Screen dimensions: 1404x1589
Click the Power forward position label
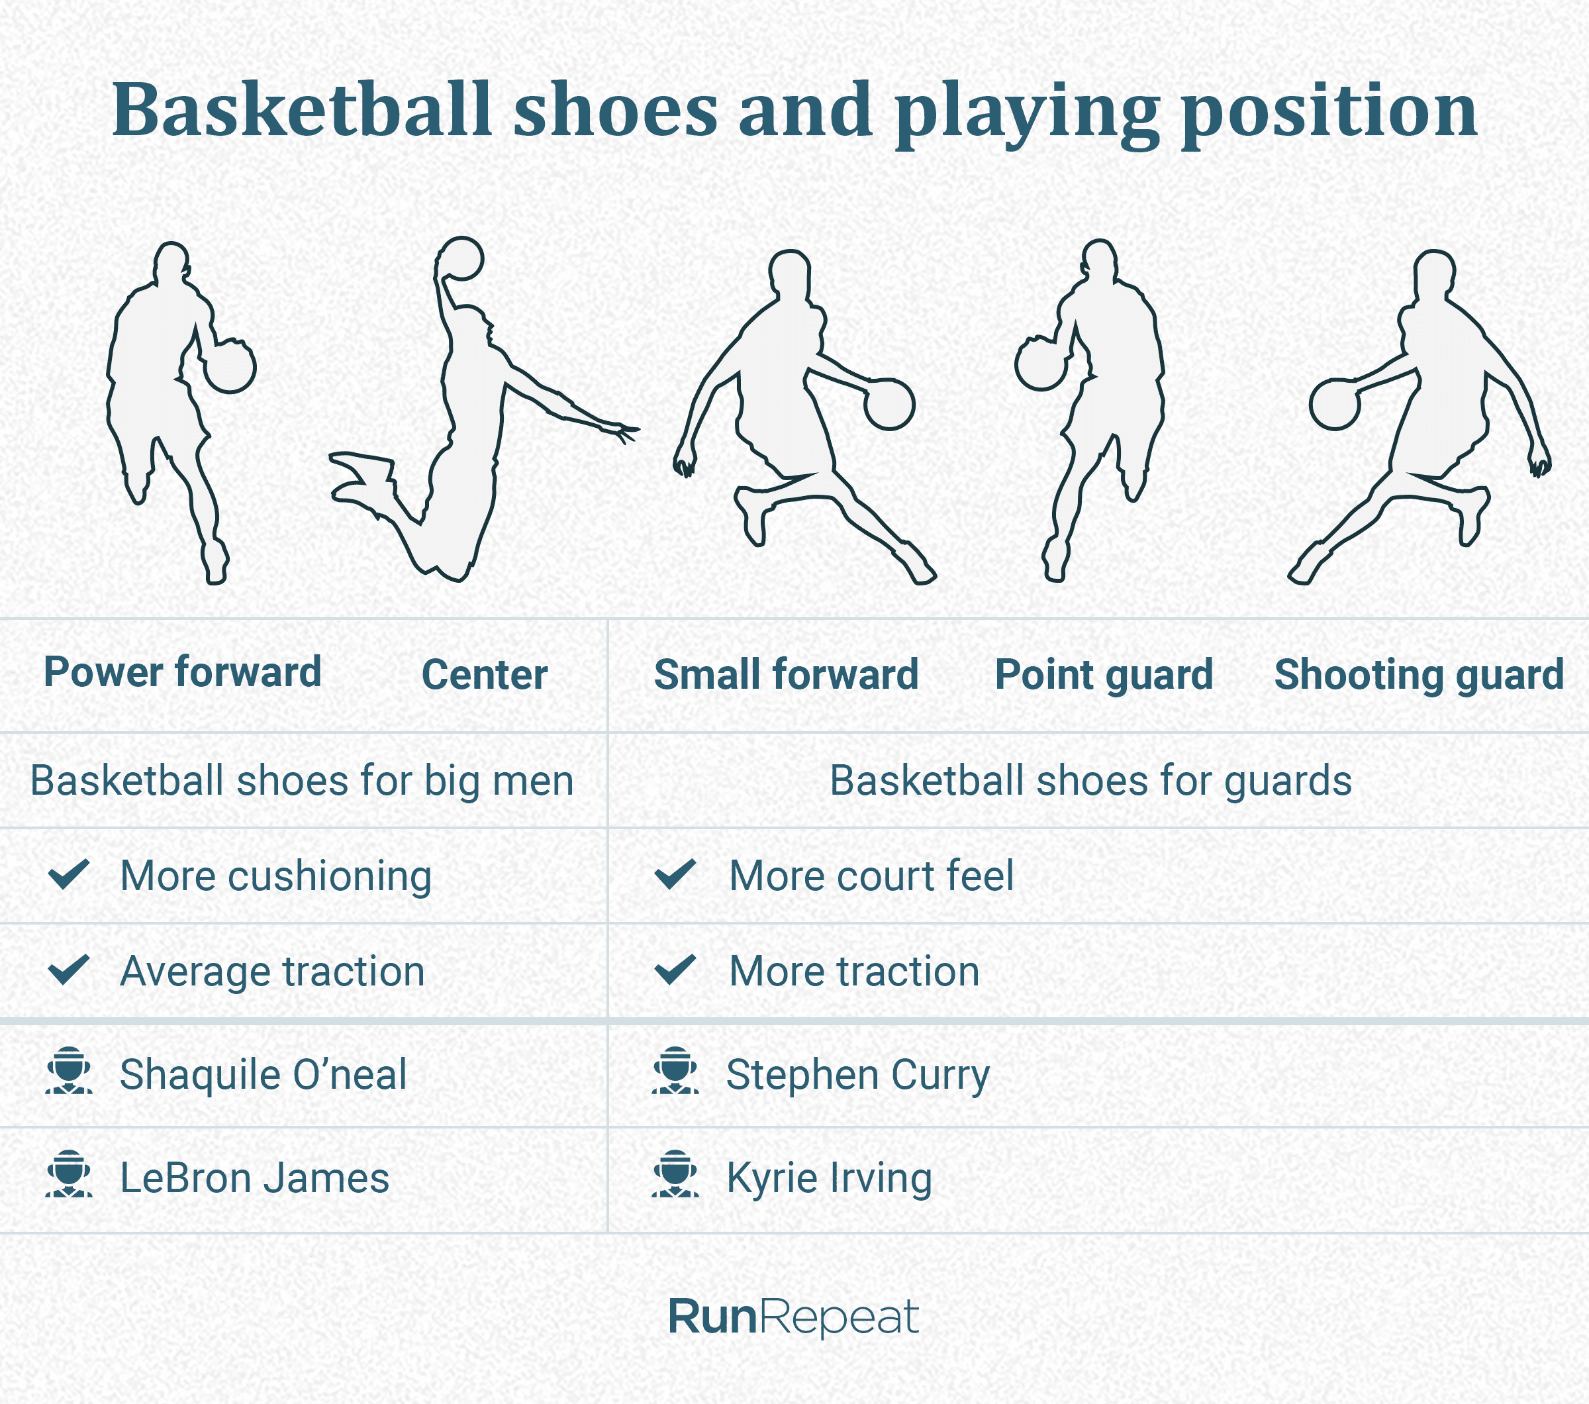183,672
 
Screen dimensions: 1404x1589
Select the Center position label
485,675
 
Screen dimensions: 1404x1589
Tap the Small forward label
786,675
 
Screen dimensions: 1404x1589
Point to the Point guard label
1104,675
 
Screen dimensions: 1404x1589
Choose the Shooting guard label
1419,675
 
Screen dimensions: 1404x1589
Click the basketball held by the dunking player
461,258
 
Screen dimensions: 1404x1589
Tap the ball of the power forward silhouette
230,366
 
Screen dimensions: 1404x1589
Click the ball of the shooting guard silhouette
1334,404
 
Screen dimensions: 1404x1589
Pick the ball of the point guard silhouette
1040,364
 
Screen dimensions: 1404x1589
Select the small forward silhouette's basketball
889,404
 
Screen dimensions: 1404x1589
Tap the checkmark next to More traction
675,970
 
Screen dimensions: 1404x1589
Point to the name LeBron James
254,1178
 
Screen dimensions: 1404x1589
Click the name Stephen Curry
857,1075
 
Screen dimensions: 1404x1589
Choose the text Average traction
272,972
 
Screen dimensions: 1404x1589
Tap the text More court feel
871,876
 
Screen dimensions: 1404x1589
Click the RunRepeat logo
793,1318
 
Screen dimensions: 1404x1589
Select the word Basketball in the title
303,111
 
